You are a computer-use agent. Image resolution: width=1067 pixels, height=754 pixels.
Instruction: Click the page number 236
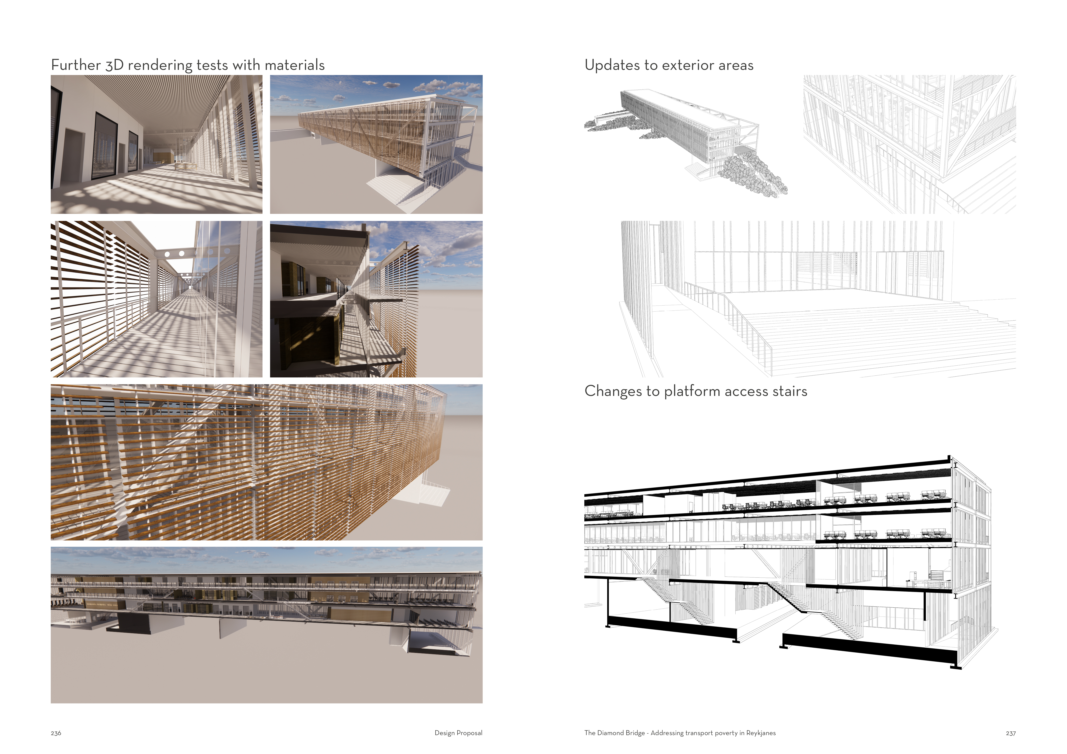point(56,733)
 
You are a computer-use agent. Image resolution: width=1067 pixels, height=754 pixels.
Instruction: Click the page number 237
point(1010,733)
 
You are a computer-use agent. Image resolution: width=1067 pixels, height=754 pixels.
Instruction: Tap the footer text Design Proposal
point(458,733)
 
